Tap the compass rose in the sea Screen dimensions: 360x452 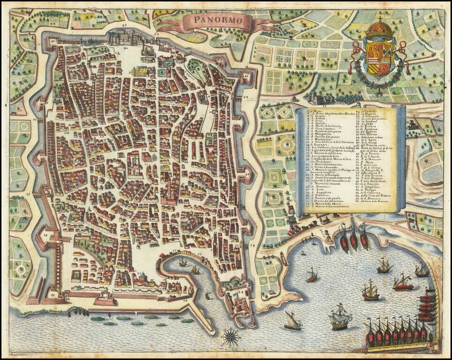230,336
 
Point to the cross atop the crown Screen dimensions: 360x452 380,19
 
